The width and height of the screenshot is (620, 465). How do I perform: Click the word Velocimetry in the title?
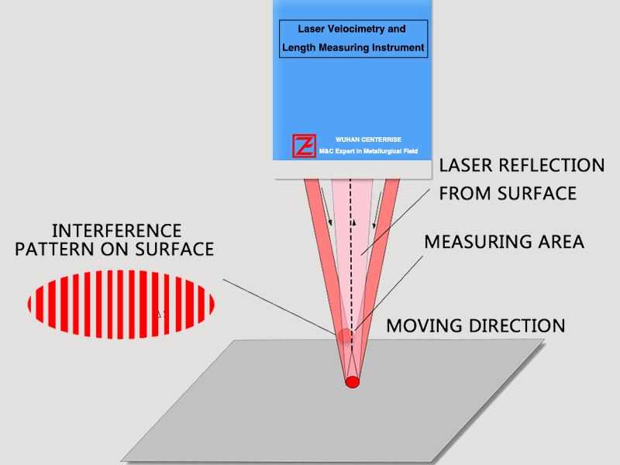pyautogui.click(x=363, y=29)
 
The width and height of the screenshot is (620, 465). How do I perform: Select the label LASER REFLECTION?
pyautogui.click(x=521, y=165)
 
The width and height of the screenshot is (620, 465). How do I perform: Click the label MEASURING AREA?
pyautogui.click(x=504, y=241)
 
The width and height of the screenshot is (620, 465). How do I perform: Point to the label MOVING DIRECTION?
pyautogui.click(x=475, y=324)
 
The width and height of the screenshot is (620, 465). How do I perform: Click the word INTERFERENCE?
pyautogui.click(x=116, y=231)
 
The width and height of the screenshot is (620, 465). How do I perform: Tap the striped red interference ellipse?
pyautogui.click(x=121, y=303)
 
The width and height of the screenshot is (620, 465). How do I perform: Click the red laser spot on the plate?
pyautogui.click(x=352, y=382)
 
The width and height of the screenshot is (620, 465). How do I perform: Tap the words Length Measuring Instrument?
pyautogui.click(x=353, y=47)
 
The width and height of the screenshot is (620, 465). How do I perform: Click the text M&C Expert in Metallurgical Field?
pyautogui.click(x=368, y=151)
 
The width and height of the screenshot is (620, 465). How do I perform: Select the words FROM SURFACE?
pyautogui.click(x=508, y=193)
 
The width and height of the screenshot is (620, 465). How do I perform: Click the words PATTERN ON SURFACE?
pyautogui.click(x=115, y=250)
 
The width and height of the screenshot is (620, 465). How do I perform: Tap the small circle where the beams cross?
pyautogui.click(x=346, y=336)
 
